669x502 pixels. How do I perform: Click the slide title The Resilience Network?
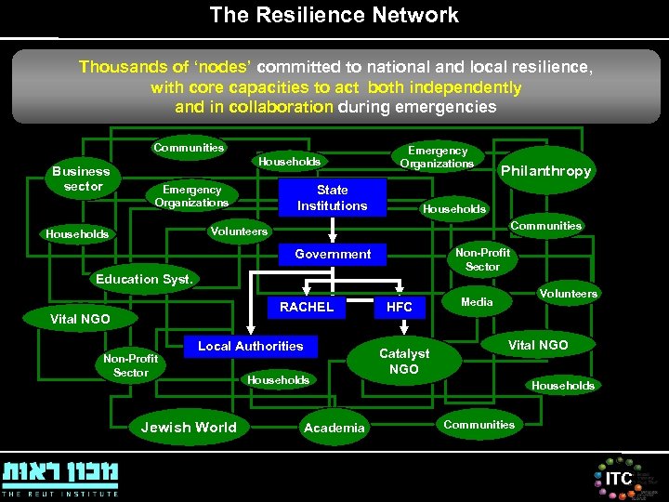[x=334, y=15]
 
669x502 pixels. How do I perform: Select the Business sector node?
[x=81, y=178]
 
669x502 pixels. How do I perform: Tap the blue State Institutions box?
[x=332, y=198]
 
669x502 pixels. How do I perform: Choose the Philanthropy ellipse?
[x=545, y=171]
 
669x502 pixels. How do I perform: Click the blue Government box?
[x=333, y=254]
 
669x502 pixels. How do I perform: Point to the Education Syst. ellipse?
[x=144, y=279]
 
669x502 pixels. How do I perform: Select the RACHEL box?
[x=306, y=307]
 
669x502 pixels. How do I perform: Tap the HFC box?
[x=400, y=307]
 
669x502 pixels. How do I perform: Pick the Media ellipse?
[x=477, y=302]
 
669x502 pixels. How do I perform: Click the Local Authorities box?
[x=250, y=346]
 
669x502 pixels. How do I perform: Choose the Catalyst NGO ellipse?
[x=404, y=361]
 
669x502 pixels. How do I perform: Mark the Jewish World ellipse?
[x=189, y=428]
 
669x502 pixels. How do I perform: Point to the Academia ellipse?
[x=334, y=428]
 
